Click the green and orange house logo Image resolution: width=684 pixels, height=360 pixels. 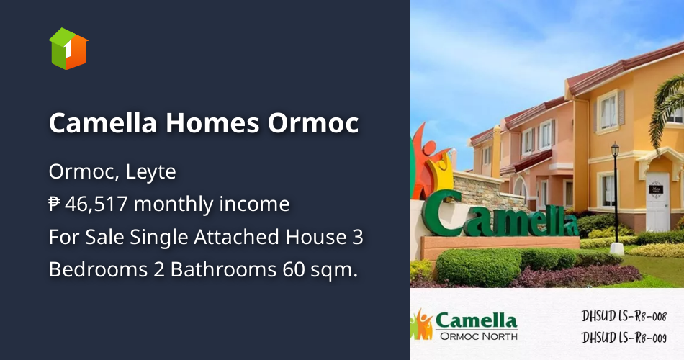68,49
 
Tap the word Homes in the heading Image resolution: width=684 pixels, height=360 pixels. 213,123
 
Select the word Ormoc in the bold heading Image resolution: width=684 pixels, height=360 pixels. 313,123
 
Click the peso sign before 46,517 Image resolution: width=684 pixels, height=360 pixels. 55,204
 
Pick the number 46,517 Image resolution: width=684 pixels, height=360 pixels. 97,204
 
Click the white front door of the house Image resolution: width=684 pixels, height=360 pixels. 658,202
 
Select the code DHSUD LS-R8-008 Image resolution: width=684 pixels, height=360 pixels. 624,316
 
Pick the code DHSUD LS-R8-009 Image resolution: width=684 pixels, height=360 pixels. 624,336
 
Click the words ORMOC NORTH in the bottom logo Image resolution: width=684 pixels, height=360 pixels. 477,335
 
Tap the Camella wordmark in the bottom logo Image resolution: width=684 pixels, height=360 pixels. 477,320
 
